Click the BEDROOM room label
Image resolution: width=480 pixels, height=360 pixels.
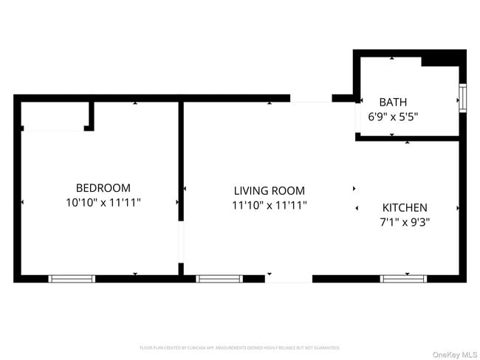tap(103, 188)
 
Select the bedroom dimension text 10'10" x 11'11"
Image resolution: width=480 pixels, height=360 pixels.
tap(103, 201)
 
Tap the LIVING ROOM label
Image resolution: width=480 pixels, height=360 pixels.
tap(269, 191)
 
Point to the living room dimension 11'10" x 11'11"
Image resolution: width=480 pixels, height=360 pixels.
tap(269, 205)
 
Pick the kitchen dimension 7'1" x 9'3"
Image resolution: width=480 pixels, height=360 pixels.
tap(405, 221)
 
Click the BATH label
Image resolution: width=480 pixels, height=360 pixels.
tap(393, 103)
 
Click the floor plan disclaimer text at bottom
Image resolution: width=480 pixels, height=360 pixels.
tap(240, 347)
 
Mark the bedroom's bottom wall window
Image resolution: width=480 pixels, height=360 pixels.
tap(72, 279)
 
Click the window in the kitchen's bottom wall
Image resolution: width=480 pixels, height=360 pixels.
tap(403, 279)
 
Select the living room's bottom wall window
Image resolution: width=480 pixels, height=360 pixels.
tap(219, 279)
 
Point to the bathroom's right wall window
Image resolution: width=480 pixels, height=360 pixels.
tap(463, 97)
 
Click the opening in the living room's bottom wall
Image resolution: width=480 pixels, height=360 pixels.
tap(288, 279)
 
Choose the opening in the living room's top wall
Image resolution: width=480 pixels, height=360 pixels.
tap(310, 98)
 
